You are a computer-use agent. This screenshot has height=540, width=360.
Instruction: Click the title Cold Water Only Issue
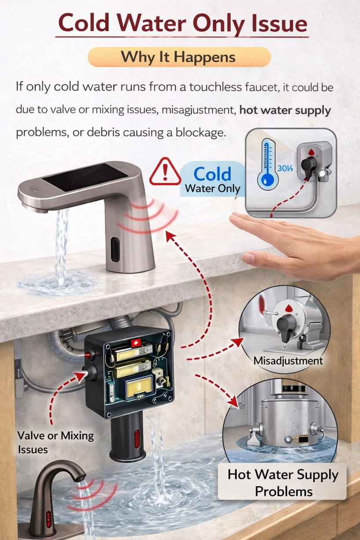click(x=182, y=23)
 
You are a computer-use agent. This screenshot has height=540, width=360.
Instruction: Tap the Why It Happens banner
click(x=179, y=57)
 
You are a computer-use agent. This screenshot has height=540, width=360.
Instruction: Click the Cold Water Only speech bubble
click(x=212, y=179)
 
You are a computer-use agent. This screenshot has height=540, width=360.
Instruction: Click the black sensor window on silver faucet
click(x=115, y=249)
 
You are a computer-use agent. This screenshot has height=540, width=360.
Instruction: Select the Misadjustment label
click(x=288, y=361)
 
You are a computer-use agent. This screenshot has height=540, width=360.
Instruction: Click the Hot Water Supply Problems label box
click(x=283, y=482)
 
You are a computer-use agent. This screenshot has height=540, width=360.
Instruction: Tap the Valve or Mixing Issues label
click(x=55, y=442)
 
